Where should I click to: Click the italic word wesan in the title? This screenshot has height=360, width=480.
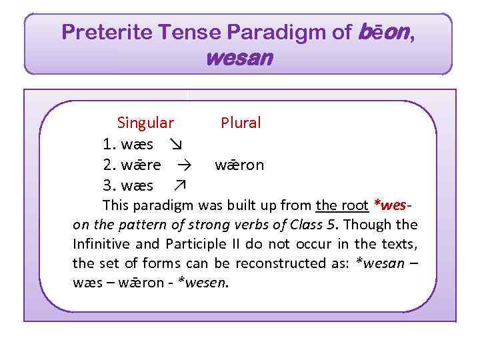point(239,58)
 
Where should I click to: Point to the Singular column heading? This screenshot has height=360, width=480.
point(145,123)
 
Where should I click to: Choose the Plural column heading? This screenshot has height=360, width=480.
point(241,123)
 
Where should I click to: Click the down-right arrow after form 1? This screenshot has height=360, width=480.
point(176,144)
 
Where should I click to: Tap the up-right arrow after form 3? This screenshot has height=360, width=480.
point(179,185)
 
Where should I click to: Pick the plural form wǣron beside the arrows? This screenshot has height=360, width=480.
point(239,165)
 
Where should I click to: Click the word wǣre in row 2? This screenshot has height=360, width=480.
point(141,165)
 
